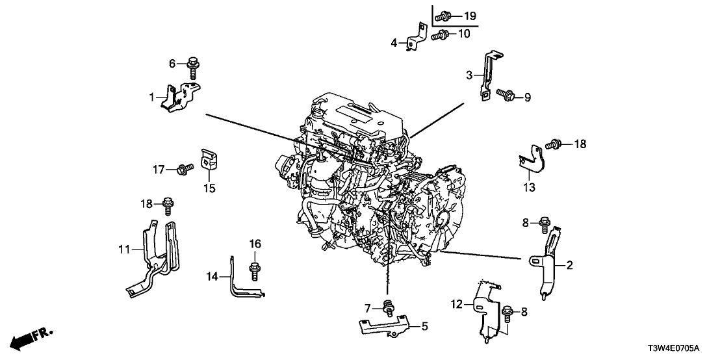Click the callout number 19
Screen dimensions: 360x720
click(x=470, y=15)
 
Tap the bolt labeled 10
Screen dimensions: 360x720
click(x=441, y=34)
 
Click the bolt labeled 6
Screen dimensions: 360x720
click(x=192, y=66)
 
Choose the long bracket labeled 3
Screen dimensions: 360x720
click(x=488, y=75)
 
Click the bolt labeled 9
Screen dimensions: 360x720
click(x=505, y=96)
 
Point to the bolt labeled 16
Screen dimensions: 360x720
click(x=255, y=268)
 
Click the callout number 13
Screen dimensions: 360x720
click(x=528, y=188)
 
